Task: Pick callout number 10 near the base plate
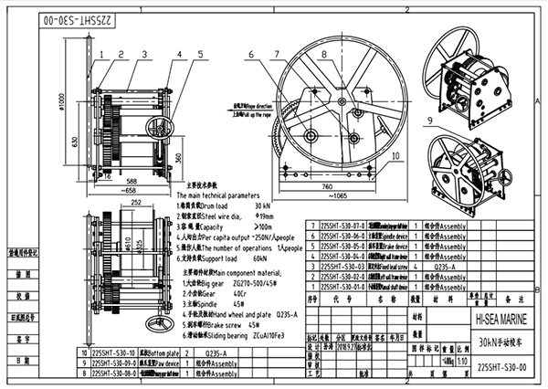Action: (x=395, y=156)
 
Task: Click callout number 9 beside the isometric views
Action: (x=428, y=121)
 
